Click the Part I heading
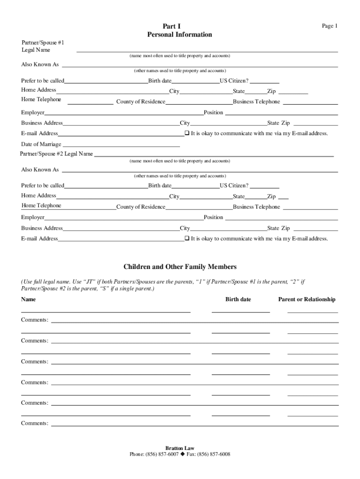[180, 26]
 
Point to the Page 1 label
[329, 26]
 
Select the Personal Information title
[180, 35]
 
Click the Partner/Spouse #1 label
[43, 43]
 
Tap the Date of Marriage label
[41, 144]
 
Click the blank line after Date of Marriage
[121, 146]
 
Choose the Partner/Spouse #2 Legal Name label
[57, 154]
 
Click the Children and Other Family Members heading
[180, 267]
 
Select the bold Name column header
[28, 299]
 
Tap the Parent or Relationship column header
[307, 299]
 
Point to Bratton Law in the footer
[180, 448]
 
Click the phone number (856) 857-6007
[162, 454]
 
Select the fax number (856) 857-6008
[214, 454]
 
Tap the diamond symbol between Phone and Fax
[182, 454]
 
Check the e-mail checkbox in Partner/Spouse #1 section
[187, 133]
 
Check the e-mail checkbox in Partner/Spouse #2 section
[187, 239]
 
